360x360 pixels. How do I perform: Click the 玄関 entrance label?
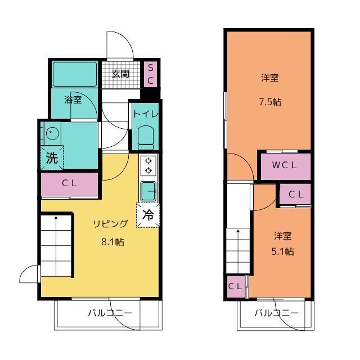pos(120,74)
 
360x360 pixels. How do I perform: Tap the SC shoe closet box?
pos(151,74)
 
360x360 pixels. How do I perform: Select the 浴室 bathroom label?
pos(73,101)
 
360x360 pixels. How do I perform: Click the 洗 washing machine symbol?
pos(52,157)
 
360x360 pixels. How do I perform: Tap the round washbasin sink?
pos(52,134)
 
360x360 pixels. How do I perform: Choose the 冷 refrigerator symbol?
pos(148,214)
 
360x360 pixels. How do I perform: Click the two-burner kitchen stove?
pos(148,165)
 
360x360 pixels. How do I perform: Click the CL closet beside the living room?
pos(69,183)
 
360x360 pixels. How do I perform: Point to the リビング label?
pos(110,224)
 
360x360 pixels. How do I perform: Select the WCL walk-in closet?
pos(284,165)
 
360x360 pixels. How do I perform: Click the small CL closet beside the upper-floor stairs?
pos(235,286)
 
